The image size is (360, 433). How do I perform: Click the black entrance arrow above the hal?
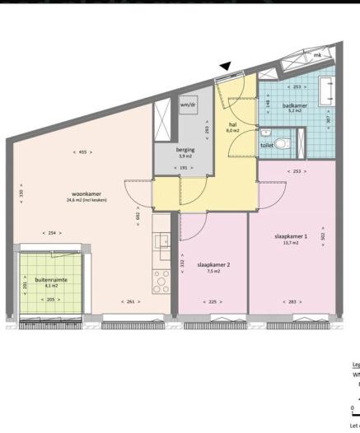pyautogui.click(x=226, y=66)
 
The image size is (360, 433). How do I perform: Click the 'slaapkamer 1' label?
pyautogui.click(x=290, y=237)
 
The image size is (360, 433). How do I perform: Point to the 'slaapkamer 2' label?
pyautogui.click(x=213, y=265)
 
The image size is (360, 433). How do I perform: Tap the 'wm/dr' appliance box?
pyautogui.click(x=189, y=105)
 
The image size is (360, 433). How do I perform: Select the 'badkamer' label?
pyautogui.click(x=294, y=106)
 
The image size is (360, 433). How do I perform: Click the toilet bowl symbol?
pyautogui.click(x=283, y=143)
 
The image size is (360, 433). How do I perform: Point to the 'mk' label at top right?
pyautogui.click(x=316, y=55)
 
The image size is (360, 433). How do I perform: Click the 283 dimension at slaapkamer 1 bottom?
pyautogui.click(x=291, y=302)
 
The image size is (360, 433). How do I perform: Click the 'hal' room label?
pyautogui.click(x=232, y=125)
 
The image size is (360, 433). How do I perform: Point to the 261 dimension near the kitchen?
pyautogui.click(x=130, y=302)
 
